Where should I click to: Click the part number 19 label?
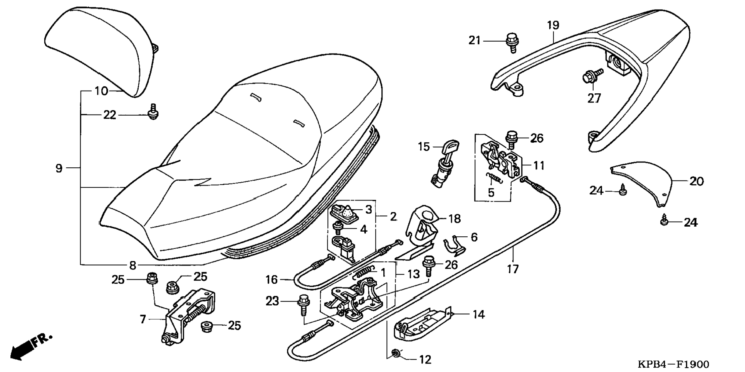[553, 25]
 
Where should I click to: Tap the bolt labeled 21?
[512, 42]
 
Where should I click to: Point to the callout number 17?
[513, 269]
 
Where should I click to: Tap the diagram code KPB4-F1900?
[673, 364]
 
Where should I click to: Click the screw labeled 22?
[154, 112]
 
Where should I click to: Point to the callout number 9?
[59, 168]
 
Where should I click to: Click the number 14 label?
[478, 315]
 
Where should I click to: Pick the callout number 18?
[455, 219]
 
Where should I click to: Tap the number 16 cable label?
[271, 279]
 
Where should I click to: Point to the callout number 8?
[133, 265]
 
